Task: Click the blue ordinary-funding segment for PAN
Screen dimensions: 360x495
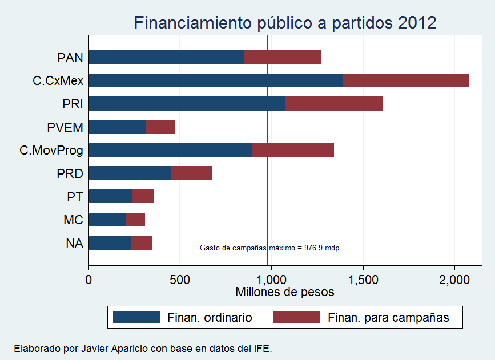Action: (166, 57)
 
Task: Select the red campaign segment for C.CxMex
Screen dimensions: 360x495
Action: (405, 80)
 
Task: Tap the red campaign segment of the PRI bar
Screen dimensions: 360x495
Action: (333, 104)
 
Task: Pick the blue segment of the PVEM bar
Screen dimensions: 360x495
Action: (117, 127)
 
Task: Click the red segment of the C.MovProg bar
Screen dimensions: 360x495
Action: (292, 150)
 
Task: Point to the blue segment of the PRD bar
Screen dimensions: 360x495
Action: (130, 173)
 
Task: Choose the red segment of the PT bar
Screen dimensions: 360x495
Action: (143, 196)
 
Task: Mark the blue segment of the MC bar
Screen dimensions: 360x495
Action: (107, 220)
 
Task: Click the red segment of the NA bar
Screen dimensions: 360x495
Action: (141, 243)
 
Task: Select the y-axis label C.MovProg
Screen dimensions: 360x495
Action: (51, 151)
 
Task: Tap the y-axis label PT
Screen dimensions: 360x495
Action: (75, 197)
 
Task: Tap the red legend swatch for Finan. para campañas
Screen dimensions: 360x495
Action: (297, 318)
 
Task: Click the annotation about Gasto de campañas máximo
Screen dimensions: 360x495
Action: (269, 248)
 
